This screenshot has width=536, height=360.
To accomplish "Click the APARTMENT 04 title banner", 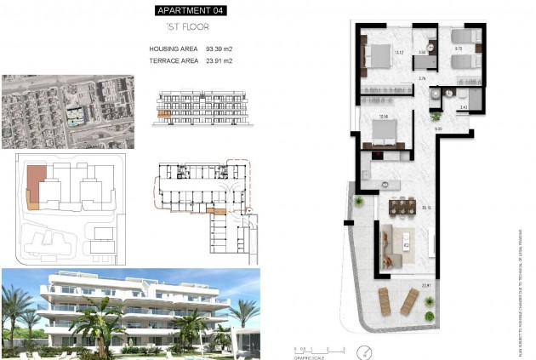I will click(x=193, y=11).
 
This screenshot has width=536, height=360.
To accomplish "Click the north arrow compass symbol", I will click(x=365, y=349).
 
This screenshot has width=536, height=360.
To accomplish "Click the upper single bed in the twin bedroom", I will click(x=463, y=37).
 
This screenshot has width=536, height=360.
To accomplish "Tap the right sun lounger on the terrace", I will click(x=409, y=300).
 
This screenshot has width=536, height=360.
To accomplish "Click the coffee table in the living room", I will click(x=408, y=245).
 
